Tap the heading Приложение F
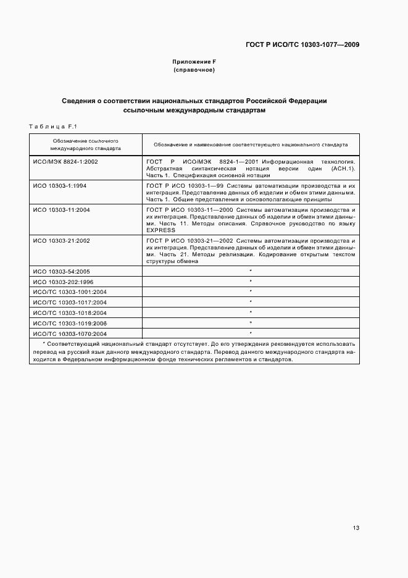pos(194,62)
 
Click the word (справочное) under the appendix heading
pos(194,70)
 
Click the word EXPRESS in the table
pos(161,230)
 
